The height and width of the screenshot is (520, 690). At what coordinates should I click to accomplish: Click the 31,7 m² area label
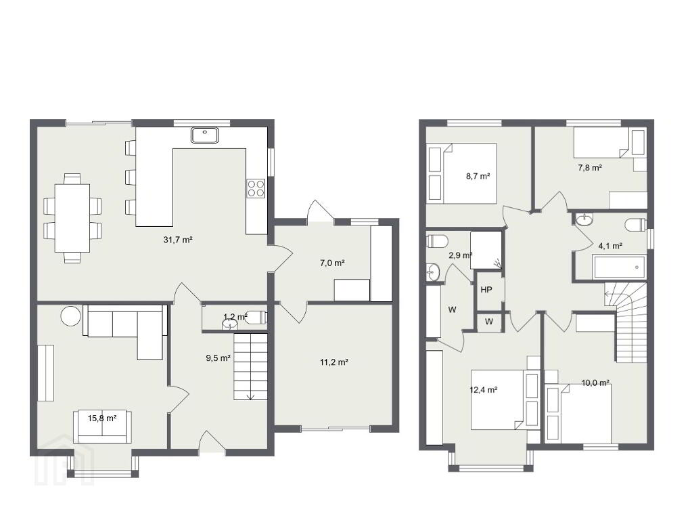coord(178,240)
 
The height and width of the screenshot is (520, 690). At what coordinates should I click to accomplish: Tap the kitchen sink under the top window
coord(205,135)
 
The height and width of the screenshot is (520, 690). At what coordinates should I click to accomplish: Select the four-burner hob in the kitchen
coord(256,188)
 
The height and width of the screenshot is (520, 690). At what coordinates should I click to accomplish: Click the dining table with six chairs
coord(72,219)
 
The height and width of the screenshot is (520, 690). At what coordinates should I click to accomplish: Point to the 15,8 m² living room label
coord(102,418)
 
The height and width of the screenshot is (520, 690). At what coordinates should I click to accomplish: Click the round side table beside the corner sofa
coord(71,316)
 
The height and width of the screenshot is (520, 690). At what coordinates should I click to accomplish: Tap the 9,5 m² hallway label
coord(218,358)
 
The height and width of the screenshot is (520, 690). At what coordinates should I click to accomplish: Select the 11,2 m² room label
coord(334,362)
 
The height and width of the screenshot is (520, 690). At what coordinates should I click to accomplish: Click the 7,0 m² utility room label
coord(331,263)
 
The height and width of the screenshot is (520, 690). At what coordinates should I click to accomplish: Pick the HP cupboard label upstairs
coord(486,290)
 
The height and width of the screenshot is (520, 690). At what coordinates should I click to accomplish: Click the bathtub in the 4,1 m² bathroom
coord(619,267)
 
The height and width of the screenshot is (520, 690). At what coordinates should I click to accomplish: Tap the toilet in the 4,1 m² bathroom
coord(635,224)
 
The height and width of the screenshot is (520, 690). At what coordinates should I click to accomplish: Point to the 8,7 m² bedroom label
coord(478,176)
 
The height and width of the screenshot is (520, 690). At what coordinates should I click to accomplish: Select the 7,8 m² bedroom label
coord(590,167)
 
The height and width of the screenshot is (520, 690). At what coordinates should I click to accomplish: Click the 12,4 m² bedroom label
coord(484,390)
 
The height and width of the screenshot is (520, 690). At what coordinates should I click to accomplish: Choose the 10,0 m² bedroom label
coord(595,383)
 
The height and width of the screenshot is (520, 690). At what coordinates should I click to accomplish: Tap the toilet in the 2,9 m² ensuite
coord(437,241)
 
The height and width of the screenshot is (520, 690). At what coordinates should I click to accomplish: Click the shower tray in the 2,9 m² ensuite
coord(486,250)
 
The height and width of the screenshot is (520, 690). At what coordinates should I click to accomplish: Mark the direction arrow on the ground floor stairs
coord(250,396)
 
